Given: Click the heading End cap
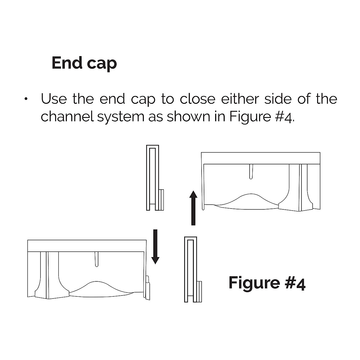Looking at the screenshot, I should (x=84, y=63).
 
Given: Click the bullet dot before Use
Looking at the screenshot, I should (x=27, y=99).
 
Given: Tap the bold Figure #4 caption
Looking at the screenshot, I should (x=267, y=283).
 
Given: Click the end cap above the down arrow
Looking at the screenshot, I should (x=152, y=178).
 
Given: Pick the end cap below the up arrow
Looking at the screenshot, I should (x=190, y=269).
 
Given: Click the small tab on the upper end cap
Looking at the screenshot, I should (x=161, y=199).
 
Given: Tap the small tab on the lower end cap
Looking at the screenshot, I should (x=199, y=291).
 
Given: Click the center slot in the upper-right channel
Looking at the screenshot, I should (x=251, y=171).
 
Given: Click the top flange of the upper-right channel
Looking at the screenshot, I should (x=260, y=158).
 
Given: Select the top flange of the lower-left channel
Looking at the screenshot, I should (x=87, y=245).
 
